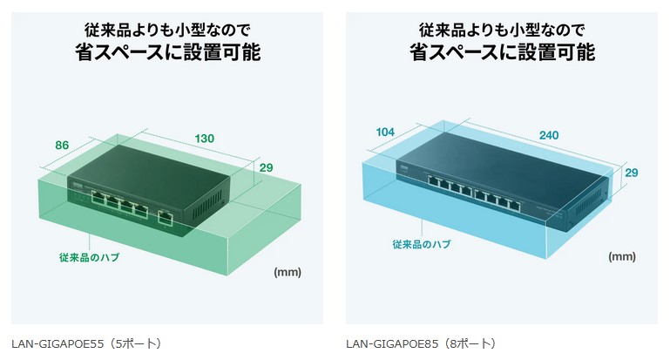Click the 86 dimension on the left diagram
click(62, 146)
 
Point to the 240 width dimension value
click(549, 135)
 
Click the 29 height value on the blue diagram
click(631, 173)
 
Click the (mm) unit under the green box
click(287, 272)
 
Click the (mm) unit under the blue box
click(621, 257)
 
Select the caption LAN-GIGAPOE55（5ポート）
click(87, 343)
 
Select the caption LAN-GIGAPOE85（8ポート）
click(421, 343)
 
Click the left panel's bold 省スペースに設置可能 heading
click(167, 52)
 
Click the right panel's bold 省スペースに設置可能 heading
click(502, 52)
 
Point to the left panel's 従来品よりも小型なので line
click(167, 27)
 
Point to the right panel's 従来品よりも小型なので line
click(502, 27)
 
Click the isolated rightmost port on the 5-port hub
click(164, 216)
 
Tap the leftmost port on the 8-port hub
click(432, 183)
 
